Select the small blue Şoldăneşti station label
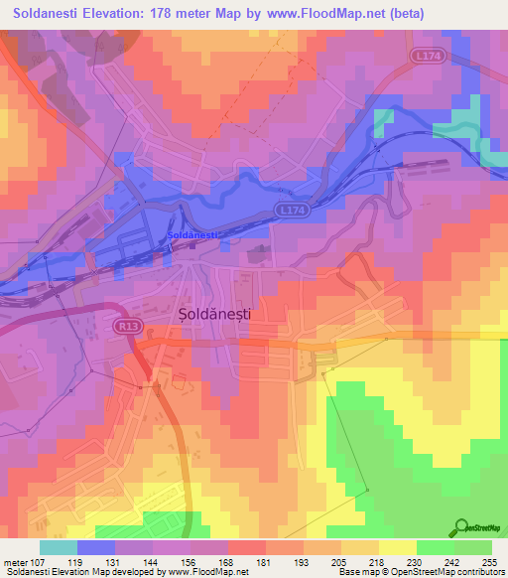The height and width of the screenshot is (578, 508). pyautogui.click(x=191, y=234)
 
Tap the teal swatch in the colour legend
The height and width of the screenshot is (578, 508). pyautogui.click(x=58, y=546)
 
